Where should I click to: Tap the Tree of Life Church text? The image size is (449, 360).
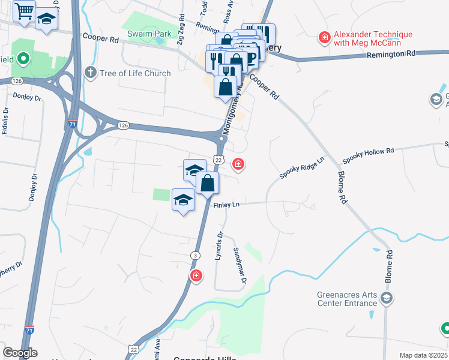(136, 73)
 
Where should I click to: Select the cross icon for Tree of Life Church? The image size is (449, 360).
(90, 73)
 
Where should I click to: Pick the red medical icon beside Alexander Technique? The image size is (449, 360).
(325, 38)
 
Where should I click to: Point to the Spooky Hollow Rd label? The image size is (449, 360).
(368, 155)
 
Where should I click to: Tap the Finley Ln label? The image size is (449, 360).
(226, 205)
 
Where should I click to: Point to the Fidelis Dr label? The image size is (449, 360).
(5, 120)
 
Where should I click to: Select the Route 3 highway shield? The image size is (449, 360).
(195, 256)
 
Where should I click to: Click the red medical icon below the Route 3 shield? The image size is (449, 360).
(195, 275)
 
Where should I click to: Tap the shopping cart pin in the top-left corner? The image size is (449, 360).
(25, 11)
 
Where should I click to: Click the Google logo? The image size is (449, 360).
(20, 353)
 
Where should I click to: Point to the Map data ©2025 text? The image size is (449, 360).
(423, 355)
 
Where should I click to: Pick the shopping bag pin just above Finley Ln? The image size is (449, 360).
(208, 183)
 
